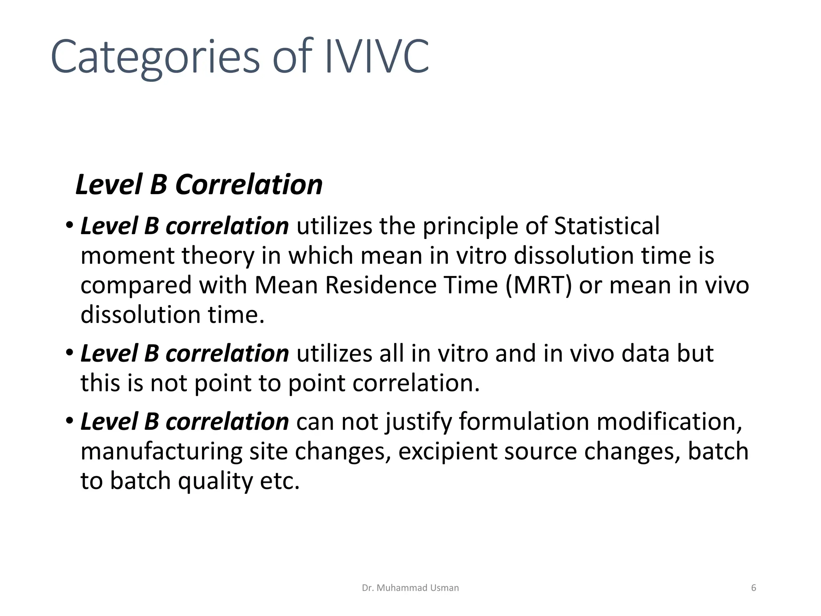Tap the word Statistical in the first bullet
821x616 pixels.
607,226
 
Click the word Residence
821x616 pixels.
380,285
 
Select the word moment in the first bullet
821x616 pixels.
127,256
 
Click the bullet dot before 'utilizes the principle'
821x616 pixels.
70,225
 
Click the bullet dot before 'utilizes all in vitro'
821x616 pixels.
70,353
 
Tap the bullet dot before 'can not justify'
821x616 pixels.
70,421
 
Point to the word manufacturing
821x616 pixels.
161,451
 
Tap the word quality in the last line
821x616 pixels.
215,481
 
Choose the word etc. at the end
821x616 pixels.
280,481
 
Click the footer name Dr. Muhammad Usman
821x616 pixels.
410,588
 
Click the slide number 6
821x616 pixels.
753,588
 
